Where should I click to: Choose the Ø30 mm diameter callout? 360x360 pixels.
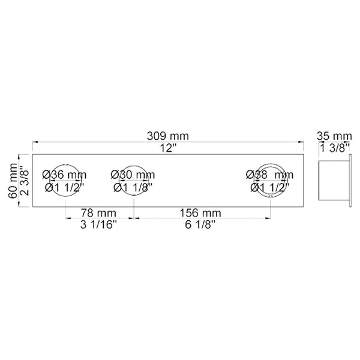coord(133,175)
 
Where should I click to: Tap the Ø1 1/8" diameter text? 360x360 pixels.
coord(133,187)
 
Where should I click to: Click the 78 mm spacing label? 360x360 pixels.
coord(99,213)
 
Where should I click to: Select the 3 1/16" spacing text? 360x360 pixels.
coord(99,225)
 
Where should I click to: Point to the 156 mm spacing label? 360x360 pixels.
coord(202,213)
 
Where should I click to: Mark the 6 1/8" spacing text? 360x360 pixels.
coord(202,225)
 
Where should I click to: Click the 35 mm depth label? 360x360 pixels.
coord(334,136)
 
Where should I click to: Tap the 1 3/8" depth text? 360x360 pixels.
coord(334,148)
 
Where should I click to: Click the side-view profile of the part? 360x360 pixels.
coord(334,181)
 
